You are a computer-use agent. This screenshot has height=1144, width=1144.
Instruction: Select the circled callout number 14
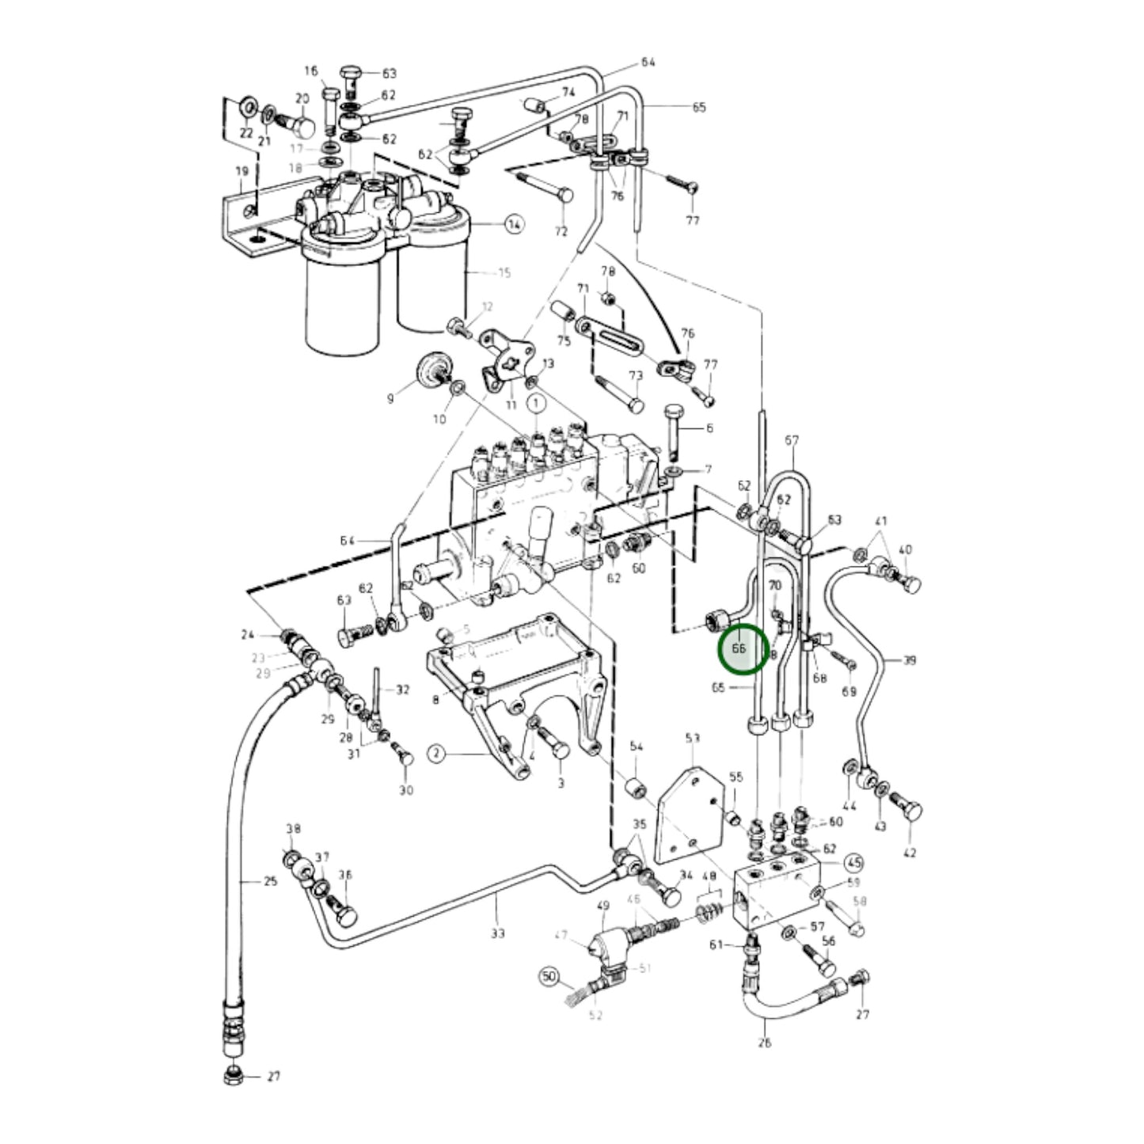tap(515, 225)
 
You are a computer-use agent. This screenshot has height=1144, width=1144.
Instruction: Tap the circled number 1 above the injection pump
tap(536, 404)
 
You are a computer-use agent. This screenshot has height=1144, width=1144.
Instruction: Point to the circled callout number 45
tap(853, 862)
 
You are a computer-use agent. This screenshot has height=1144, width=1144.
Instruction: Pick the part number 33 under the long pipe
tap(496, 933)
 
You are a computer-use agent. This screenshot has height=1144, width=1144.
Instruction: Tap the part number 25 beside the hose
tap(271, 881)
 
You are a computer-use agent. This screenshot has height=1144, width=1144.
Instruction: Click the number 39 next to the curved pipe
tap(909, 659)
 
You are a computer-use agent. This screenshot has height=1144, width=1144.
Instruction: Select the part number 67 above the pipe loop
tap(792, 440)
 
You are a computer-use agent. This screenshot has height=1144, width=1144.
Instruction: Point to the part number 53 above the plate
tap(693, 739)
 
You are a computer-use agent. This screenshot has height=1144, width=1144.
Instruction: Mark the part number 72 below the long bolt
tap(561, 231)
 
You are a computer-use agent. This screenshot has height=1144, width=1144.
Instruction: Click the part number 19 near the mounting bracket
tap(241, 172)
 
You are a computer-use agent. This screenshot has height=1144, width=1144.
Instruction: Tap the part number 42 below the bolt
tap(909, 853)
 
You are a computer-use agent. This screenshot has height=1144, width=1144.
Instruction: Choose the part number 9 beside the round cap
tap(390, 399)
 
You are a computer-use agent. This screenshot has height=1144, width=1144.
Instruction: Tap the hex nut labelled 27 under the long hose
tap(234, 1076)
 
